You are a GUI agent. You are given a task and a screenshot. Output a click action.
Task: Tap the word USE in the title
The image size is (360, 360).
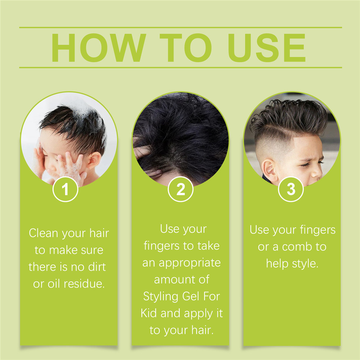(x=266, y=48)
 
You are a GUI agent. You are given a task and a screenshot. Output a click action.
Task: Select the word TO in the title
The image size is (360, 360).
(x=185, y=48)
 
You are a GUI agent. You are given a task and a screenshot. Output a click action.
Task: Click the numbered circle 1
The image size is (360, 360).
(x=66, y=189)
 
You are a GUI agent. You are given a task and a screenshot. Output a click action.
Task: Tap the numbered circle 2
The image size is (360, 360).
(x=180, y=189)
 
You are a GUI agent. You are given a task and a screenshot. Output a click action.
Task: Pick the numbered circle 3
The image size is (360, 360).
(x=291, y=189)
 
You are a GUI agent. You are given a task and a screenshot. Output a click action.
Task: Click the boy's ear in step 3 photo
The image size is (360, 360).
(x=269, y=170)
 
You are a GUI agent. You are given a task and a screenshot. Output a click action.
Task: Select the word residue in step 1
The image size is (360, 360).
(x=84, y=284)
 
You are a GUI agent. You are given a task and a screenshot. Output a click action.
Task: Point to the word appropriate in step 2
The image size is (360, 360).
(x=190, y=263)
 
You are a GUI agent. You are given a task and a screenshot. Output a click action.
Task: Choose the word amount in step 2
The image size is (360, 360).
(x=175, y=279)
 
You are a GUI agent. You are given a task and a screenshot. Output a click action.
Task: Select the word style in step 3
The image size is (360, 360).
(x=305, y=264)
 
